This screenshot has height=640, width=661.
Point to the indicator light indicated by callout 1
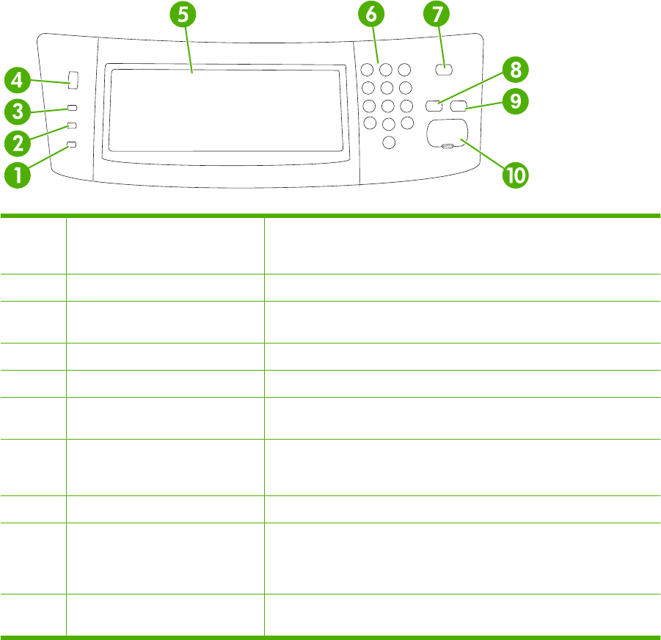pyautogui.click(x=71, y=145)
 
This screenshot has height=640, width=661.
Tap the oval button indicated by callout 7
pyautogui.click(x=443, y=70)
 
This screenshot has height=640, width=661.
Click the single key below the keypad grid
pyautogui.click(x=389, y=141)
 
